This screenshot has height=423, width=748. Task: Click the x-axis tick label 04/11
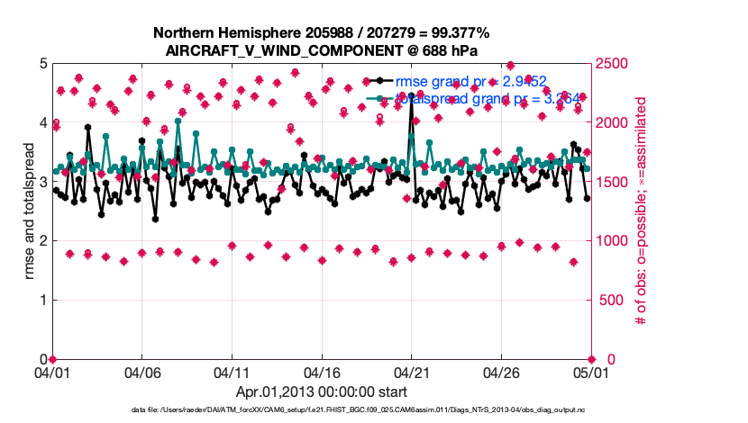click(232, 372)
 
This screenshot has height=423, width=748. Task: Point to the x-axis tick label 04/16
click(322, 372)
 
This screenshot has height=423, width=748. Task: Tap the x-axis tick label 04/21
click(411, 372)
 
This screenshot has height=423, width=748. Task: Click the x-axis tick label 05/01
click(590, 372)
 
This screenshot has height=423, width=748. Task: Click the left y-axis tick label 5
click(41, 64)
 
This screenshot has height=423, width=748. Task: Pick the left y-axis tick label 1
click(41, 300)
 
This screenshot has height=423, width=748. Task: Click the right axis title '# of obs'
click(643, 211)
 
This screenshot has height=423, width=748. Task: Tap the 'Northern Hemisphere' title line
click(321, 33)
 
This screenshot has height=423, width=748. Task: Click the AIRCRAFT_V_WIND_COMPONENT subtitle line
click(321, 50)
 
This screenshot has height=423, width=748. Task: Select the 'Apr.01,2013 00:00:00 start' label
click(321, 391)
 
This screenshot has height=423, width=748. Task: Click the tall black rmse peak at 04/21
click(412, 95)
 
